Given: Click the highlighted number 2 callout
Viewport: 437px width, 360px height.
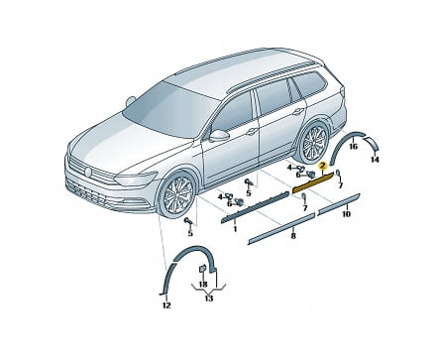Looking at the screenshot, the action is (323, 166).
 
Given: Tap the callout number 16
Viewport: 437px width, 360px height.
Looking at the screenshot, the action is (353, 146).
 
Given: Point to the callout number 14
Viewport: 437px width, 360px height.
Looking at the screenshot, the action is (375, 160).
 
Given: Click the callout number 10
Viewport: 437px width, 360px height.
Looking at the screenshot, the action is (346, 214).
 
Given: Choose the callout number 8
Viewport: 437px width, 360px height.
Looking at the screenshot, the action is (293, 235).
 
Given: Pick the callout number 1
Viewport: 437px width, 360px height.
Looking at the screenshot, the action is (235, 228).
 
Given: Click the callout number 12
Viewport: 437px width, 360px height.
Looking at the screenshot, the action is (166, 305).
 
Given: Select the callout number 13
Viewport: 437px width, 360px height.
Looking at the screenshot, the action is (209, 299).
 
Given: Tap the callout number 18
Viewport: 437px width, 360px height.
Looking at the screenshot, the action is (203, 284).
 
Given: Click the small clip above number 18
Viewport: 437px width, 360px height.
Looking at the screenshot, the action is (202, 269).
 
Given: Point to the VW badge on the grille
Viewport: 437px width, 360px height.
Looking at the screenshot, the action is (88, 172).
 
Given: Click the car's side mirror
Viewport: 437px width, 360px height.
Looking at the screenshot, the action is (218, 136).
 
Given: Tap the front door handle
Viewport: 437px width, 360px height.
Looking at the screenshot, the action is (252, 131).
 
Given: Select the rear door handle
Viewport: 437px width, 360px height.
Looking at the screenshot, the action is (298, 111).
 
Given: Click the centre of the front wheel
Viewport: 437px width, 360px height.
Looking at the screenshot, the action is (177, 195).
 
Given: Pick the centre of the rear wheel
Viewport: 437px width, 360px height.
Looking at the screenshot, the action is (314, 142).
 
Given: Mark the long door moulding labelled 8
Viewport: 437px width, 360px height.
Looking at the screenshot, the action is (281, 228).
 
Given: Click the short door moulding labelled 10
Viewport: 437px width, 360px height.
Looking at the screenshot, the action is (339, 205).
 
